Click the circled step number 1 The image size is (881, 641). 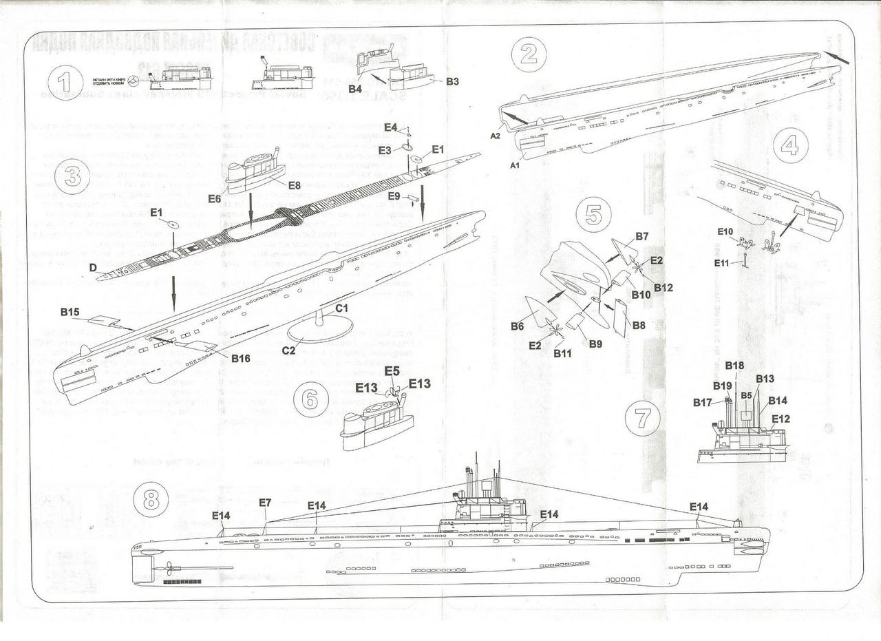(65, 83)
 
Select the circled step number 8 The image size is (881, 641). (151, 501)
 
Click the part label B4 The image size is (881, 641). (355, 88)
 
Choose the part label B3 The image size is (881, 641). (452, 81)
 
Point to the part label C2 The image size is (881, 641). (288, 351)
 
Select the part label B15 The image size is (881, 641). (70, 312)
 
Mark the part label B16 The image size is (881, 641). (240, 358)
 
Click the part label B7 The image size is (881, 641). (641, 236)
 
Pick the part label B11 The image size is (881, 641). (563, 353)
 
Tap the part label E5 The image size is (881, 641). (392, 370)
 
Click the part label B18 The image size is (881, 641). (734, 366)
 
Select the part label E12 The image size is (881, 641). (781, 418)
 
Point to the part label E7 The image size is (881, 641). (266, 503)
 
